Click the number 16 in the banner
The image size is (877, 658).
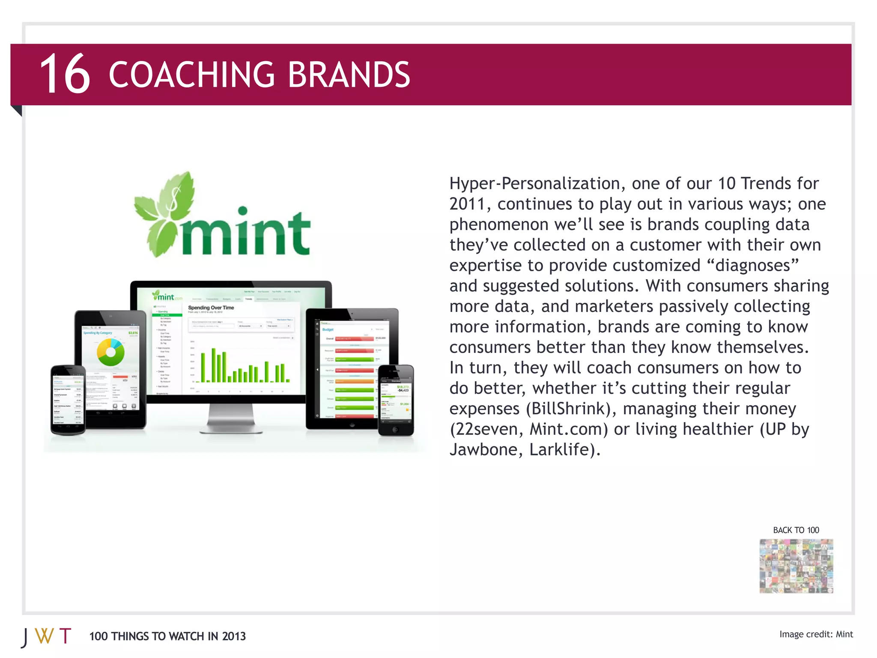coord(65,75)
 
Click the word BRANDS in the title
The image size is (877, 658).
coord(349,75)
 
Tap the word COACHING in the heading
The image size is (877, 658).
coord(191,75)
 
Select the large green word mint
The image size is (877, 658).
coord(245,233)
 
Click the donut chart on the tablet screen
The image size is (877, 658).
coord(110,352)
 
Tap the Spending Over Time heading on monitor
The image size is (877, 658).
coord(211,308)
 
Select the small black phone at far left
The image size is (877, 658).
coord(68,399)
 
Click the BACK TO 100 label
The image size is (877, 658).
coord(796,530)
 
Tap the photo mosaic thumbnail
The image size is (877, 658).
coord(796,566)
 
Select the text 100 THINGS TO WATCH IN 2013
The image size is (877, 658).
coord(167,636)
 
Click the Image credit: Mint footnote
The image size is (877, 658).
coord(816,634)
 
